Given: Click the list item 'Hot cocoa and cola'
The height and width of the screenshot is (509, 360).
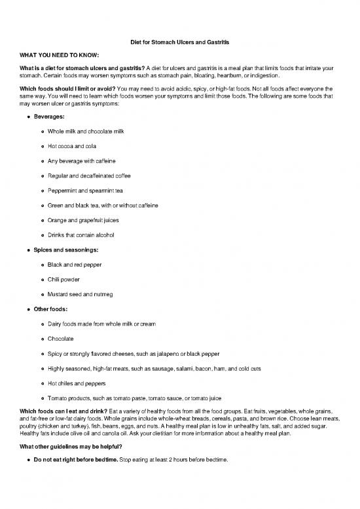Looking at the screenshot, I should tap(73, 146).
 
